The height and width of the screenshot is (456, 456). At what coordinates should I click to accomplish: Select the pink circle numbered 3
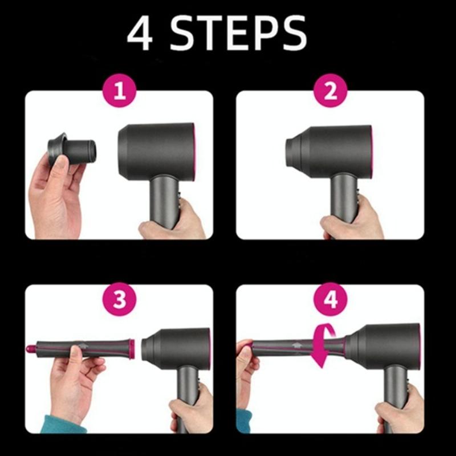pos(119,301)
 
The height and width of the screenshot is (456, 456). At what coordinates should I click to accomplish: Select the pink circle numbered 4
pos(331,301)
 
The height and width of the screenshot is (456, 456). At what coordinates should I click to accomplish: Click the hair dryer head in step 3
pos(177,345)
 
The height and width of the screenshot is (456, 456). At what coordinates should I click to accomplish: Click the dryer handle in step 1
pos(162,197)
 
